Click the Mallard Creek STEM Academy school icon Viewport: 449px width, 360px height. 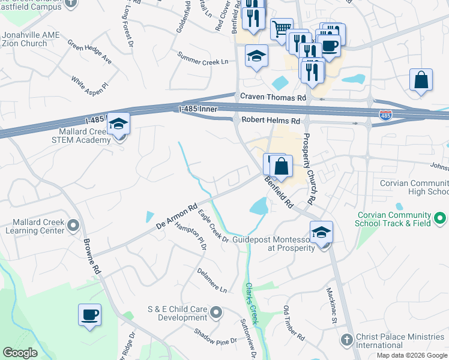[x=118, y=125]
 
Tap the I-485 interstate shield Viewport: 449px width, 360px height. [x=385, y=114]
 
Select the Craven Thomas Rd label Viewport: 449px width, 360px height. [x=273, y=97]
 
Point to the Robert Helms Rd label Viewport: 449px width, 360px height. [x=270, y=121]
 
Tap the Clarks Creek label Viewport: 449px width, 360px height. [x=252, y=304]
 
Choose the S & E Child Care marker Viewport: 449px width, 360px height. [x=217, y=313]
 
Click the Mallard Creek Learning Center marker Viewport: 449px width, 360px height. [x=73, y=226]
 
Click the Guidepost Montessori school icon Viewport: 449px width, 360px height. [x=321, y=232]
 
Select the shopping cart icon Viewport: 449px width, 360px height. [x=281, y=29]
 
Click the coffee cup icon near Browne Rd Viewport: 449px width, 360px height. [x=89, y=315]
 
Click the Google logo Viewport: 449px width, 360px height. [x=20, y=353]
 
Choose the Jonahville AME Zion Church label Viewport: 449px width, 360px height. [x=31, y=39]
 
